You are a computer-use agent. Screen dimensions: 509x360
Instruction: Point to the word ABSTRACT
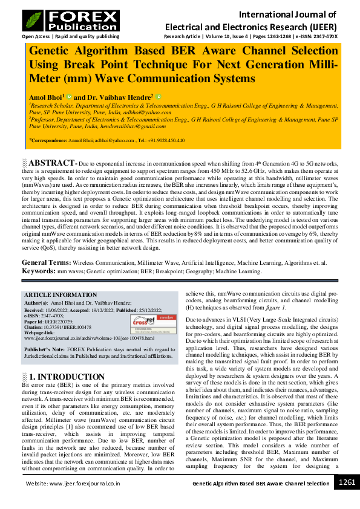(x=53, y=163)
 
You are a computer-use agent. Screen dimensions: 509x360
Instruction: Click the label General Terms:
(x=46, y=263)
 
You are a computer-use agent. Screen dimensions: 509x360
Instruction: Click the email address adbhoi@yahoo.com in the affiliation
(x=145, y=112)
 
